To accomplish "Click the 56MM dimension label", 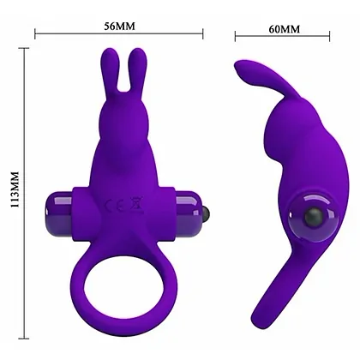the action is click(119, 27).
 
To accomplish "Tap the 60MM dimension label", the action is click(285, 29).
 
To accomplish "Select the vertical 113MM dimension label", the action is click(15, 189).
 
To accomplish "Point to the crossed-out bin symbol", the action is click(135, 203).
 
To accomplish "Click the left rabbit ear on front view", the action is click(109, 71).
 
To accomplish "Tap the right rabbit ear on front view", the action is click(138, 71).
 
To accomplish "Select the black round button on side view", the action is click(311, 218).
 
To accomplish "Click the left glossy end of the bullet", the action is click(58, 212).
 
